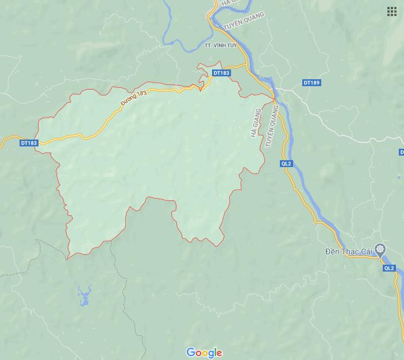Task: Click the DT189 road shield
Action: coord(311,83)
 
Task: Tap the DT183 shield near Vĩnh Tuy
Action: coord(221,73)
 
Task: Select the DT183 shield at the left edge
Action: coord(28,143)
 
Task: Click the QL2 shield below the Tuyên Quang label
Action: coord(286,164)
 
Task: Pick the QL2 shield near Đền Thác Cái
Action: coord(389,268)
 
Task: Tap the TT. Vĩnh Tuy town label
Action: coord(220,45)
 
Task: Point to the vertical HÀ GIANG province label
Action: coord(256,122)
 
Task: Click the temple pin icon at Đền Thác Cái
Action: coord(380,250)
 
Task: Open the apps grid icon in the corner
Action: coord(392,11)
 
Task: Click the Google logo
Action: coord(204,353)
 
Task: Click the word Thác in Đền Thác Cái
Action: coord(349,251)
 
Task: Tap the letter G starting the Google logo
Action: coord(190,352)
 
